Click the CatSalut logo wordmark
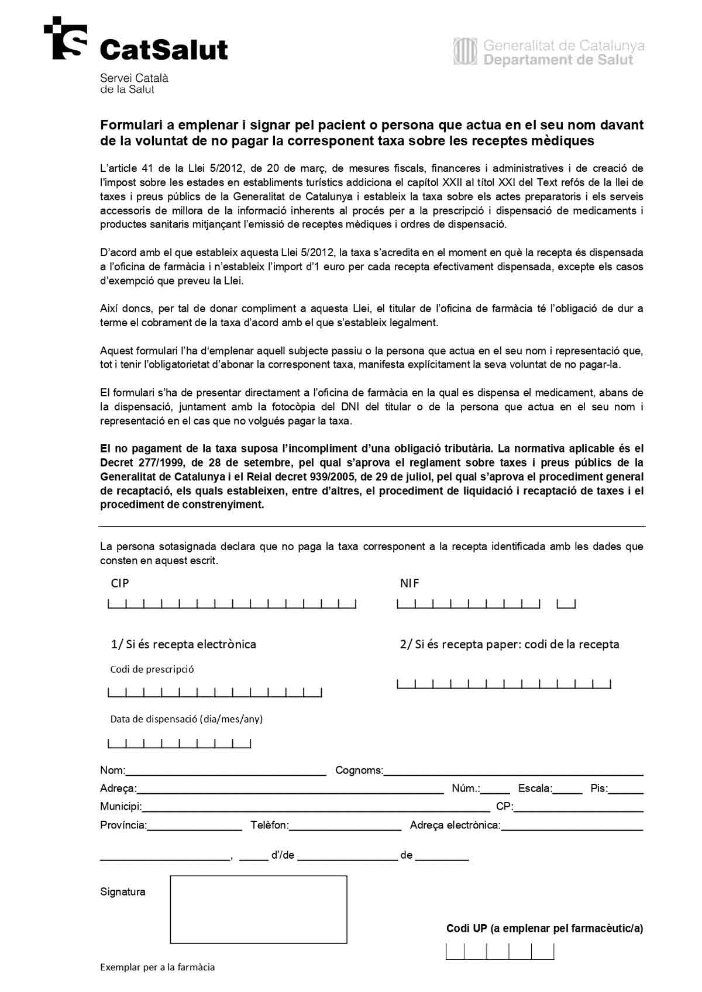pyautogui.click(x=164, y=50)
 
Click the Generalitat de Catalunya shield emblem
pyautogui.click(x=466, y=51)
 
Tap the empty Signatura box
pyautogui.click(x=258, y=909)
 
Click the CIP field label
pyautogui.click(x=120, y=583)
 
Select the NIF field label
pyautogui.click(x=409, y=583)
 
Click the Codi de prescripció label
pyautogui.click(x=152, y=669)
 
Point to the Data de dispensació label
pyautogui.click(x=187, y=719)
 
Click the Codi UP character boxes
pyautogui.click(x=500, y=952)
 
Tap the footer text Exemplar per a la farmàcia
pyautogui.click(x=157, y=967)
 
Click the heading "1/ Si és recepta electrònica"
pyautogui.click(x=184, y=644)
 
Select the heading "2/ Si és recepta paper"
pyautogui.click(x=509, y=644)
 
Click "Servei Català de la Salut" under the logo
pyautogui.click(x=134, y=84)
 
